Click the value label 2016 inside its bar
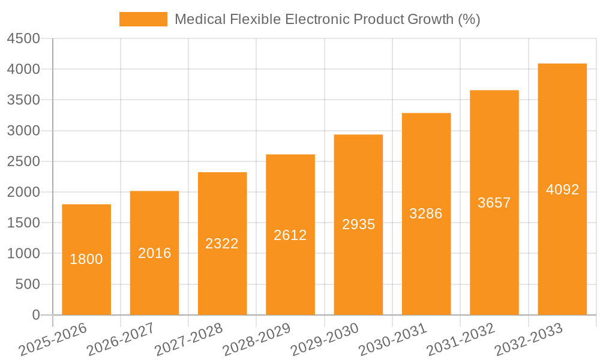coord(155,253)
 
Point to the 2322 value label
coord(222,244)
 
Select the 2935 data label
coord(359,224)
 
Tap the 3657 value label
coord(494,203)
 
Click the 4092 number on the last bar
coord(563,190)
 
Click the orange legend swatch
coord(143,19)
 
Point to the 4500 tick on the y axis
coord(23,38)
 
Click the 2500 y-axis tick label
coord(23,161)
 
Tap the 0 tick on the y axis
coord(35,315)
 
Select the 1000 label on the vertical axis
coord(23,254)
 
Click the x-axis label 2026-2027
coord(121,340)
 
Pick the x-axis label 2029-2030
coord(325,340)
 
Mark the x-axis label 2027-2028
coord(188,340)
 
